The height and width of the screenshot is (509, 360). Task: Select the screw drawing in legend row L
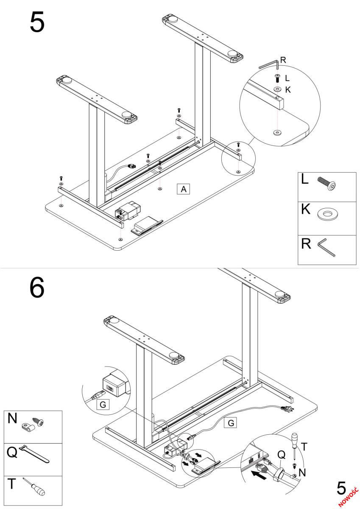[328, 185]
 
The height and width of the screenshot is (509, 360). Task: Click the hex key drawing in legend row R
[328, 249]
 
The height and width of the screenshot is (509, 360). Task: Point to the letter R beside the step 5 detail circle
[283, 60]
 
